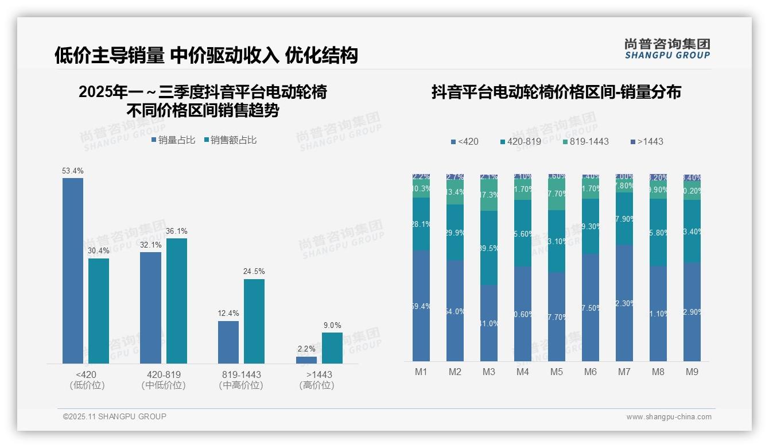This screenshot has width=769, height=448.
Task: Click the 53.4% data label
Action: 73,171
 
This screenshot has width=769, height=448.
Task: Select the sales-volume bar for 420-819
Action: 150,307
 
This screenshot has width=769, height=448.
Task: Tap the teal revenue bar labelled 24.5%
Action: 254,321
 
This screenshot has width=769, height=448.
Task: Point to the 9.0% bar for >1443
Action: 332,347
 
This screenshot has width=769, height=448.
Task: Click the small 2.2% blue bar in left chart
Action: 306,360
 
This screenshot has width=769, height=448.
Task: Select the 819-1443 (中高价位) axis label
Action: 241,380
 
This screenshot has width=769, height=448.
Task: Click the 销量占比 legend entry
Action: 173,140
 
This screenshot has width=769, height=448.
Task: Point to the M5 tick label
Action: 557,372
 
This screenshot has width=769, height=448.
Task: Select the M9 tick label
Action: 692,372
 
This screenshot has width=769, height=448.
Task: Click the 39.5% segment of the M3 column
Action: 489,248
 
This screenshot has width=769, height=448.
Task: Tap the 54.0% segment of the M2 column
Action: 455,311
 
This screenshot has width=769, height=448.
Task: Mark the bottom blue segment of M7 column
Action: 624,303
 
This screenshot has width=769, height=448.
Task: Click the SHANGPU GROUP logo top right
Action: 667,48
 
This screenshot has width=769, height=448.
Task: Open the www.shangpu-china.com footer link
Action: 669,417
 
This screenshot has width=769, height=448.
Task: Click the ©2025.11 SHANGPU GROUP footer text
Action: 115,416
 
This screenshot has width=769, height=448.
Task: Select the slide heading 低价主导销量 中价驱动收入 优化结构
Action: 206,55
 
